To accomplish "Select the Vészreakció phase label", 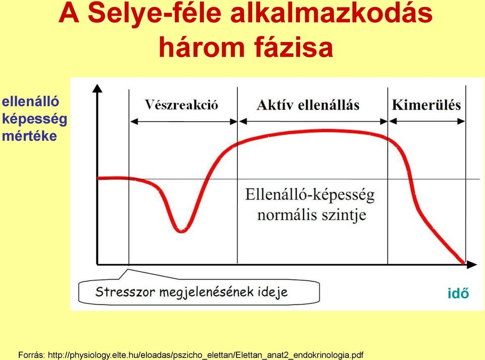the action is click(x=181, y=105).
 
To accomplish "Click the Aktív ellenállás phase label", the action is click(x=308, y=105).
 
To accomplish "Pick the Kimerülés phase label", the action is click(x=426, y=105).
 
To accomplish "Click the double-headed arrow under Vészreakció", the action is click(x=183, y=122).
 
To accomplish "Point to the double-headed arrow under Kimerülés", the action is click(x=427, y=122).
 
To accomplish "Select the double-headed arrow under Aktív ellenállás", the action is click(x=313, y=122).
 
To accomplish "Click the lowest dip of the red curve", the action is click(x=181, y=231).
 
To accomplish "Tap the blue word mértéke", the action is click(x=29, y=136).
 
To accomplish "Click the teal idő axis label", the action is click(x=458, y=293).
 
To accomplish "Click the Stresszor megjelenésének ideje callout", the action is click(x=199, y=291).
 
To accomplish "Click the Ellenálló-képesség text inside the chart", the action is click(x=310, y=195).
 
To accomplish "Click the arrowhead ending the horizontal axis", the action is click(x=472, y=265).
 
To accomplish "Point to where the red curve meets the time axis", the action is click(x=463, y=263).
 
